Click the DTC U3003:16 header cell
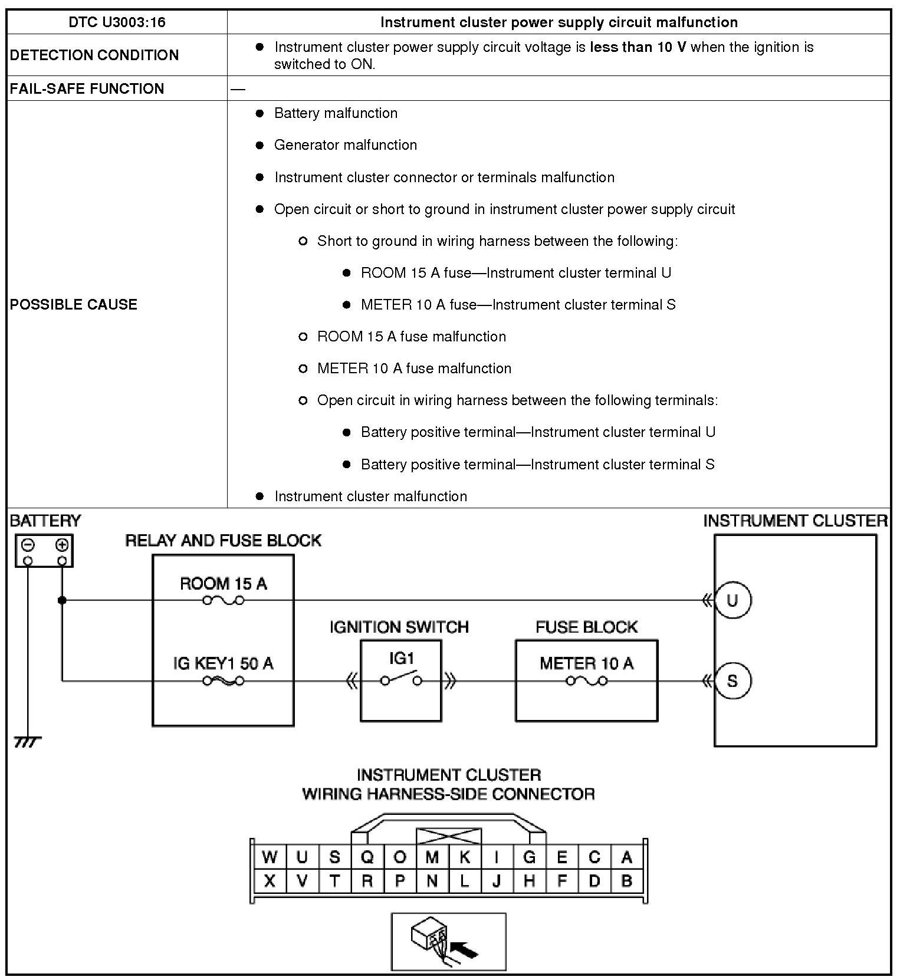point(117,22)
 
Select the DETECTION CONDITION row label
point(94,55)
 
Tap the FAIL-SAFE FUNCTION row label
point(87,88)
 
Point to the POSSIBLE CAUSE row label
point(74,304)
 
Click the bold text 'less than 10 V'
point(638,47)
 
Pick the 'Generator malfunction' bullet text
point(345,145)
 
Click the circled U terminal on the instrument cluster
point(732,600)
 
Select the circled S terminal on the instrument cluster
point(732,681)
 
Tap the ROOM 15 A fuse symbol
point(223,600)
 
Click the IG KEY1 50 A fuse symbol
point(223,681)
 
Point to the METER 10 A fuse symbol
point(586,681)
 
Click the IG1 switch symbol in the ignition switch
point(401,678)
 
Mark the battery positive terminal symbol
point(61,544)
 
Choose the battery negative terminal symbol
point(28,544)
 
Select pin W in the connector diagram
point(270,857)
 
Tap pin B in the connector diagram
point(626,881)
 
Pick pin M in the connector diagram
point(432,857)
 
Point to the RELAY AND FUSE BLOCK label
point(223,541)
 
